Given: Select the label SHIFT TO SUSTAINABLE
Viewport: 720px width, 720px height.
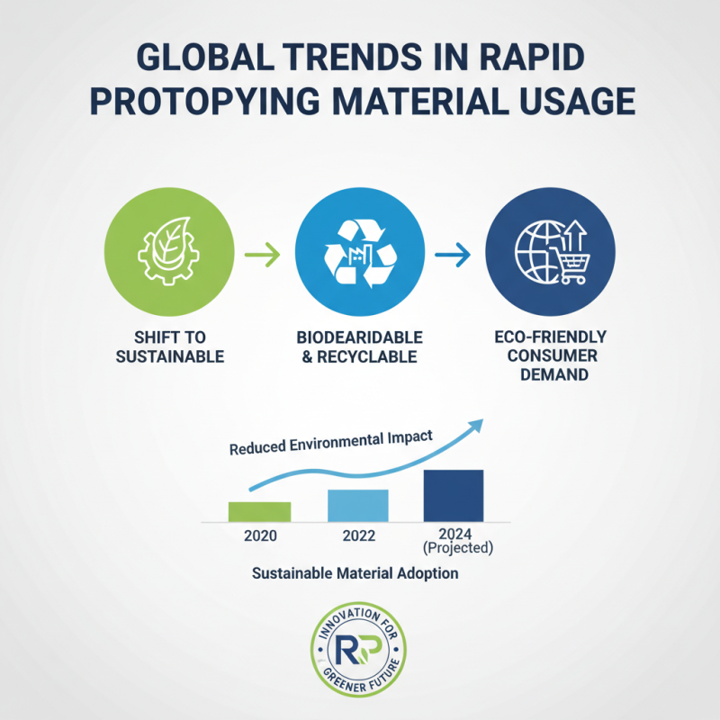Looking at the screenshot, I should [170, 348].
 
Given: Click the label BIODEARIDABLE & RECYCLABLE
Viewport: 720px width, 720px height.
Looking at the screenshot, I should [360, 348].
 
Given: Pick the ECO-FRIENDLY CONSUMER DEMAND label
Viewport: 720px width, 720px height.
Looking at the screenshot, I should [551, 355].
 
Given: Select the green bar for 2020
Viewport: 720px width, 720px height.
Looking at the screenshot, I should [259, 511].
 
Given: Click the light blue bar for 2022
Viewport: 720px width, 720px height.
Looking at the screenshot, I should [357, 505].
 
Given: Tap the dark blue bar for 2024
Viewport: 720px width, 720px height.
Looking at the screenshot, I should [454, 495].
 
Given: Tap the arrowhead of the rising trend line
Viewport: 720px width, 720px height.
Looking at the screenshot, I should [474, 425].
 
